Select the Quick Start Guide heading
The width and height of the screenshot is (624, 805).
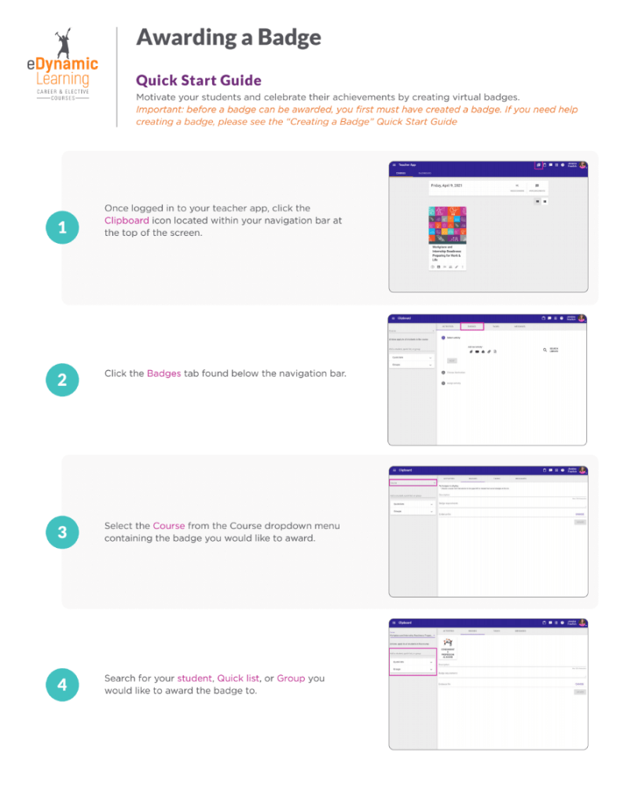pos(199,80)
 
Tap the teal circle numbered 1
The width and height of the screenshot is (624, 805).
pos(62,229)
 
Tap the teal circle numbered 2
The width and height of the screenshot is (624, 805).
pos(62,380)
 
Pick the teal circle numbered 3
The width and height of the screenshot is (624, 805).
pos(62,532)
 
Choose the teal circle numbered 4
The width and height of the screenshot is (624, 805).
pos(62,685)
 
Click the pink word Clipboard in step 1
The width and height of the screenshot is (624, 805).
pos(127,221)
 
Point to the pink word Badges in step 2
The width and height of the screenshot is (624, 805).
pos(163,373)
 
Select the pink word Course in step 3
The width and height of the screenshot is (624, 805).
pos(168,525)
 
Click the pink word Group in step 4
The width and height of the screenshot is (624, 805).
pos(290,678)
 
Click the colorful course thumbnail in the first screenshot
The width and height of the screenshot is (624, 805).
pos(447,225)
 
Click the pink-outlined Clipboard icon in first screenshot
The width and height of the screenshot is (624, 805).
pos(538,166)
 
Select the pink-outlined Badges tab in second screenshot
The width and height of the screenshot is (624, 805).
pos(472,325)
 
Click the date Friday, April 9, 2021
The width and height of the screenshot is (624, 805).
pos(450,186)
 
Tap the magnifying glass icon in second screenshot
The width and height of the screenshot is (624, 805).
pos(545,350)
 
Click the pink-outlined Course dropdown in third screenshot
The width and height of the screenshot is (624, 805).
pos(413,483)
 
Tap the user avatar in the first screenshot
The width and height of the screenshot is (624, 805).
pos(582,166)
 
